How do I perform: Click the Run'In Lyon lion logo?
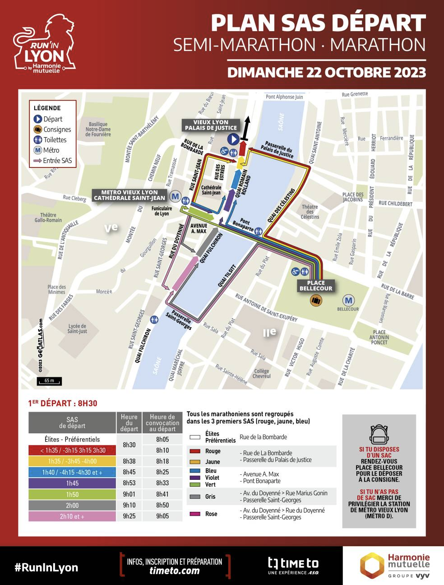(x=44, y=43)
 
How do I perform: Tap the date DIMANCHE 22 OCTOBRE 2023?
(x=326, y=72)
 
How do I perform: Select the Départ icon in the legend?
(x=38, y=119)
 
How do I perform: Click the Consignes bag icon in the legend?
(x=38, y=130)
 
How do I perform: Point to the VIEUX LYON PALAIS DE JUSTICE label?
(x=211, y=125)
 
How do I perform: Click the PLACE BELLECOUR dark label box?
(x=316, y=286)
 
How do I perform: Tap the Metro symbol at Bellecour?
(x=348, y=300)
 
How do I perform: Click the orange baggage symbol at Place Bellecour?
(x=316, y=300)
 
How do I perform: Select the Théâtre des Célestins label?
(x=310, y=212)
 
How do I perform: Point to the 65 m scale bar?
(x=49, y=381)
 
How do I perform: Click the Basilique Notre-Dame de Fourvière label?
(x=98, y=129)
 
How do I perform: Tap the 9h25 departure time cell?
(x=129, y=516)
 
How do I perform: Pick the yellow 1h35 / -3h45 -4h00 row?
(x=72, y=461)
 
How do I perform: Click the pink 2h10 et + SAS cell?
(x=72, y=516)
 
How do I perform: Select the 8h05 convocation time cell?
(x=162, y=439)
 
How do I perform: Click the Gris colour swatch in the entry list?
(x=195, y=497)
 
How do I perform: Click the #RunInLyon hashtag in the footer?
(x=46, y=567)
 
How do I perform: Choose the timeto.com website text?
(x=174, y=571)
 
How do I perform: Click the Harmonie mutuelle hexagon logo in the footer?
(x=371, y=565)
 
